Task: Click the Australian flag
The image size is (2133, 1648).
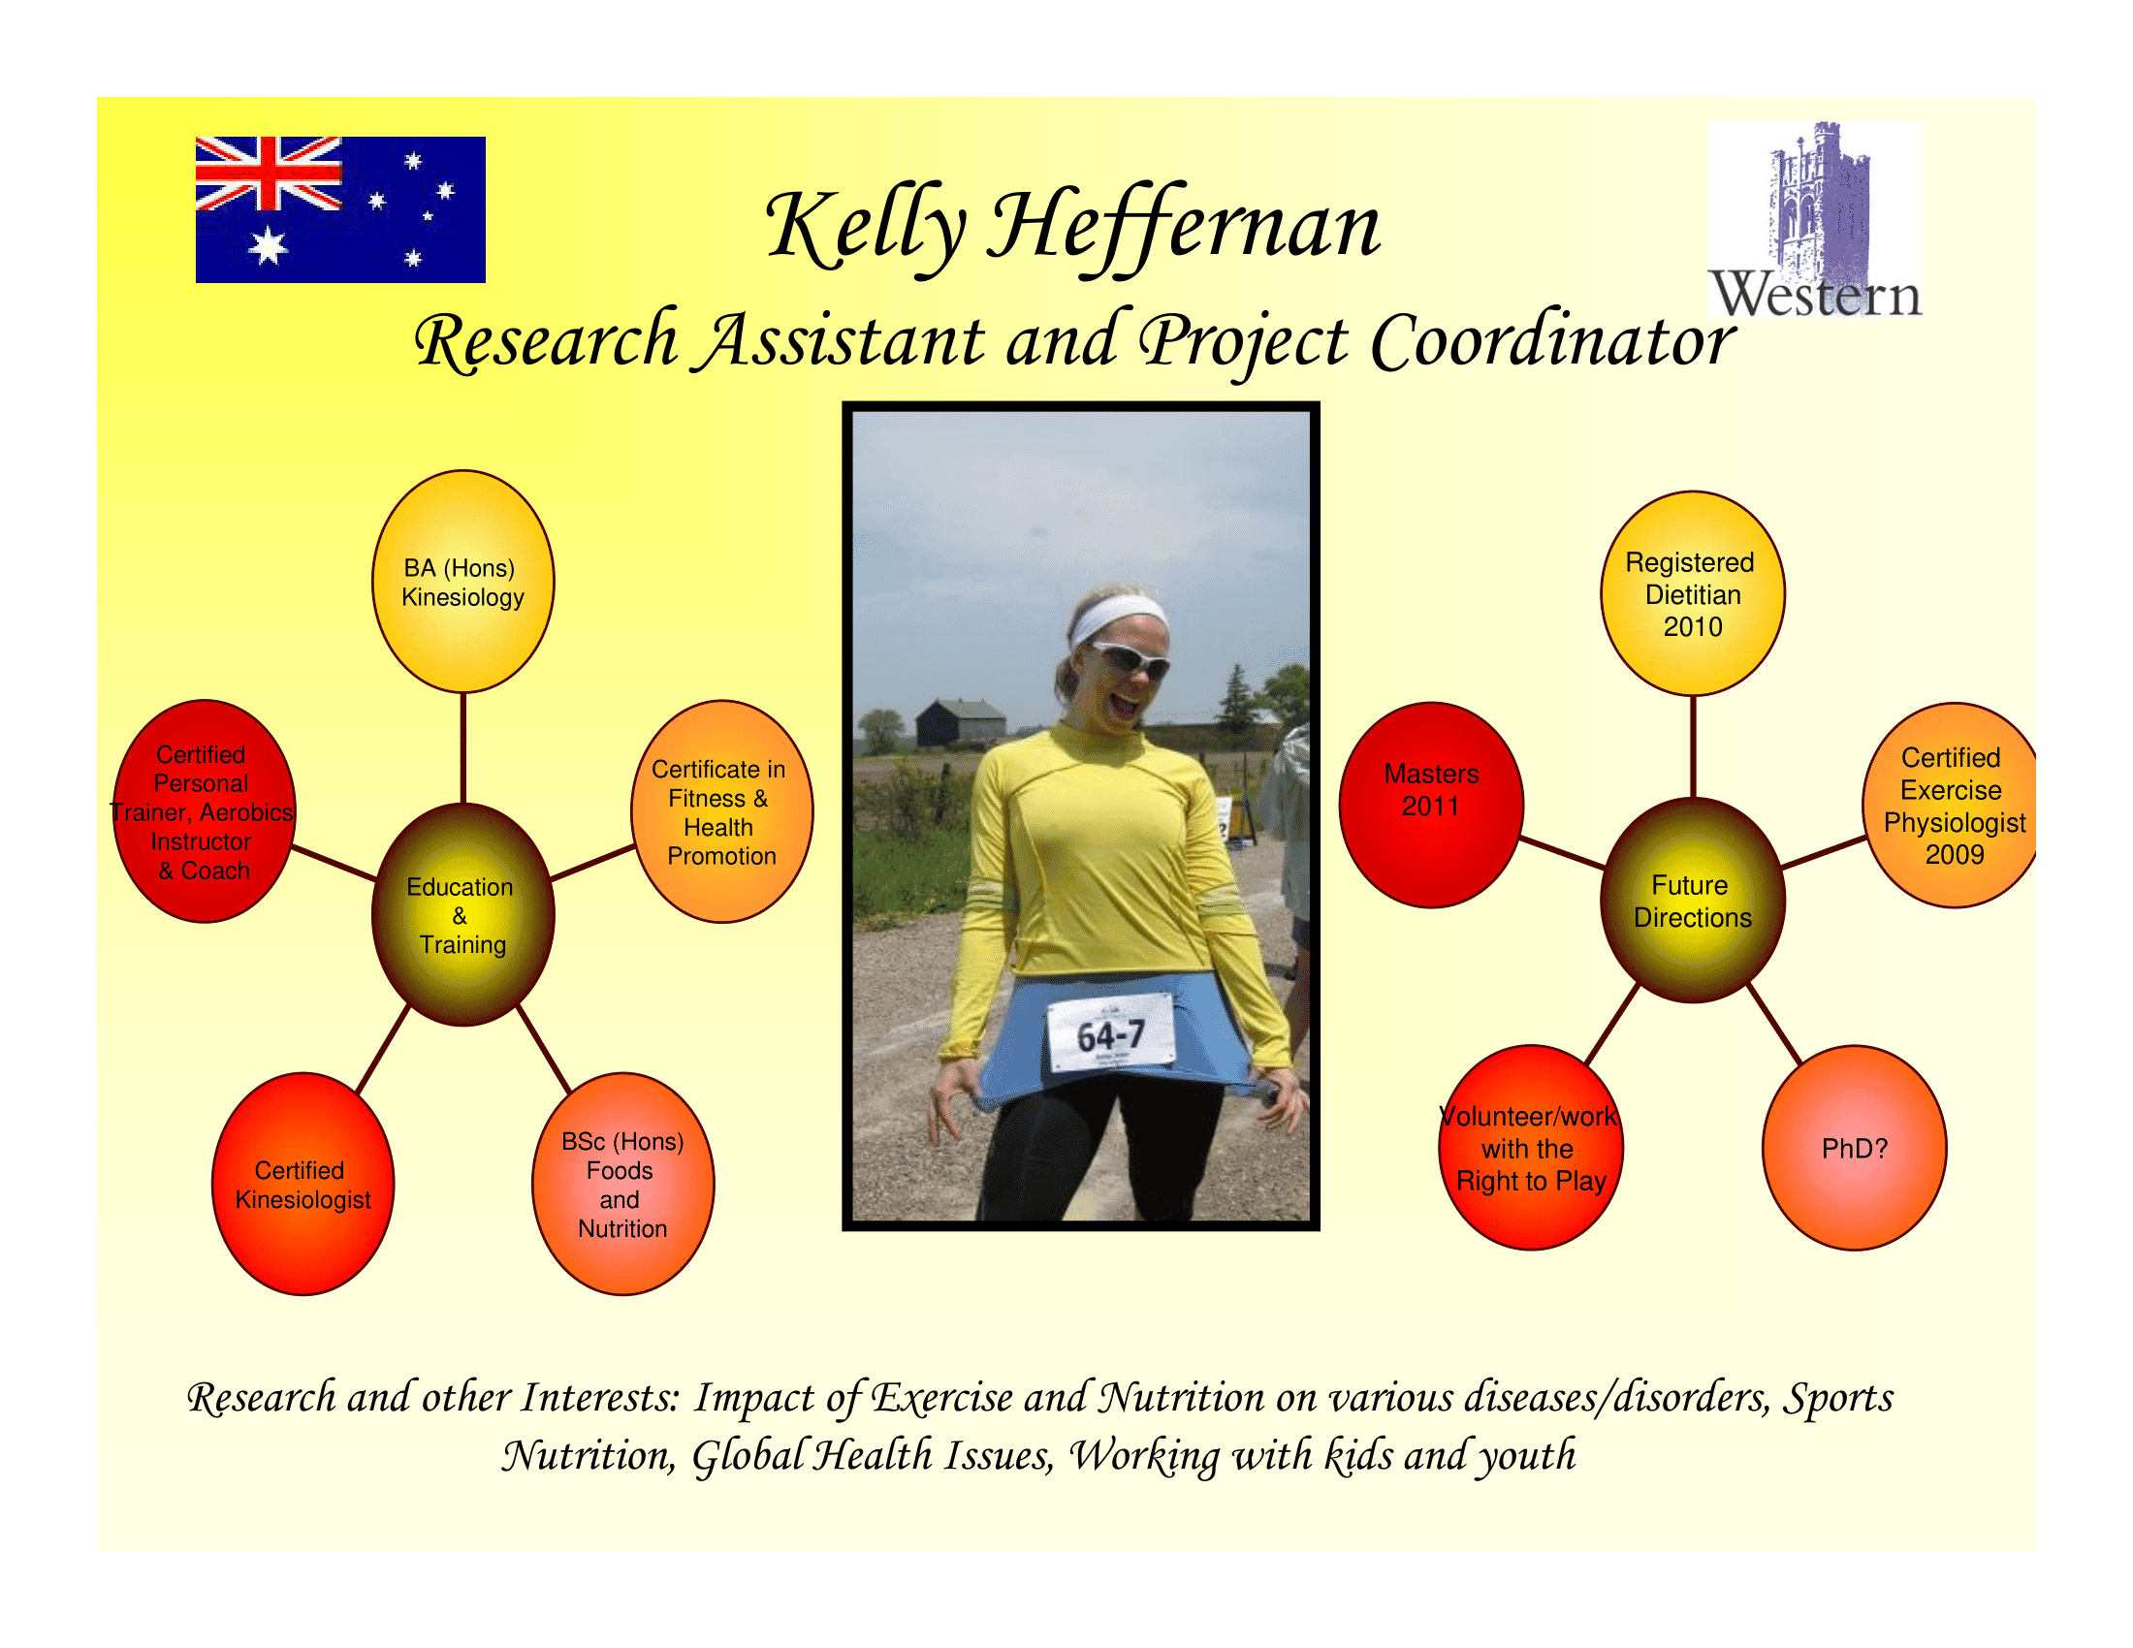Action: point(340,210)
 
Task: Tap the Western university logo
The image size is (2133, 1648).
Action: point(1815,220)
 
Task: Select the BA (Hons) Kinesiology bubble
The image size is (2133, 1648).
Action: point(462,582)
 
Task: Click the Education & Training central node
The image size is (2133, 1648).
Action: point(462,915)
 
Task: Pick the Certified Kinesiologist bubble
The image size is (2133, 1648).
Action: point(302,1184)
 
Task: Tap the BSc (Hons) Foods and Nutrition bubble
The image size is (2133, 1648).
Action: point(623,1184)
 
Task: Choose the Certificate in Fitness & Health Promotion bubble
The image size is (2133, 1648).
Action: point(721,811)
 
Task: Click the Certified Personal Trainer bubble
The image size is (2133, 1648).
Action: point(205,811)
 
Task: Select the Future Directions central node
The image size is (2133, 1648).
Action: point(1693,901)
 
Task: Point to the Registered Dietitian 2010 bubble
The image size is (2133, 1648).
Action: point(1693,593)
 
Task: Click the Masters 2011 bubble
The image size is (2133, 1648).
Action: point(1431,806)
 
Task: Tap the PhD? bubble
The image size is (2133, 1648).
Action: point(1855,1148)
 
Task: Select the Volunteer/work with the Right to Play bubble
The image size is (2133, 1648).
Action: point(1530,1148)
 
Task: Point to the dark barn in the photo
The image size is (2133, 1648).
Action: point(960,723)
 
